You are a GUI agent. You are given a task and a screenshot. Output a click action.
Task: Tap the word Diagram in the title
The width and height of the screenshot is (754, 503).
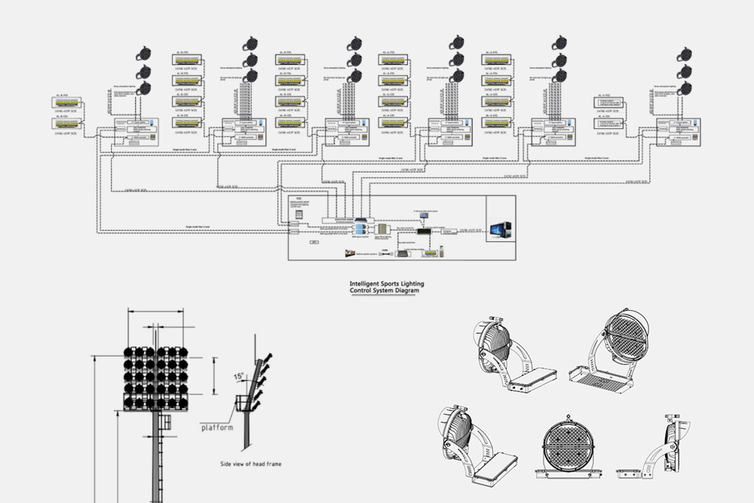click(x=404, y=291)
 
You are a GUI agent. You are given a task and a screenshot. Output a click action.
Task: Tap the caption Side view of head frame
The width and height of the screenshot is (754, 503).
click(x=250, y=464)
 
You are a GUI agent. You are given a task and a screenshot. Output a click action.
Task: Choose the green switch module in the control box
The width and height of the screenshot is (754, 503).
click(x=425, y=232)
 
